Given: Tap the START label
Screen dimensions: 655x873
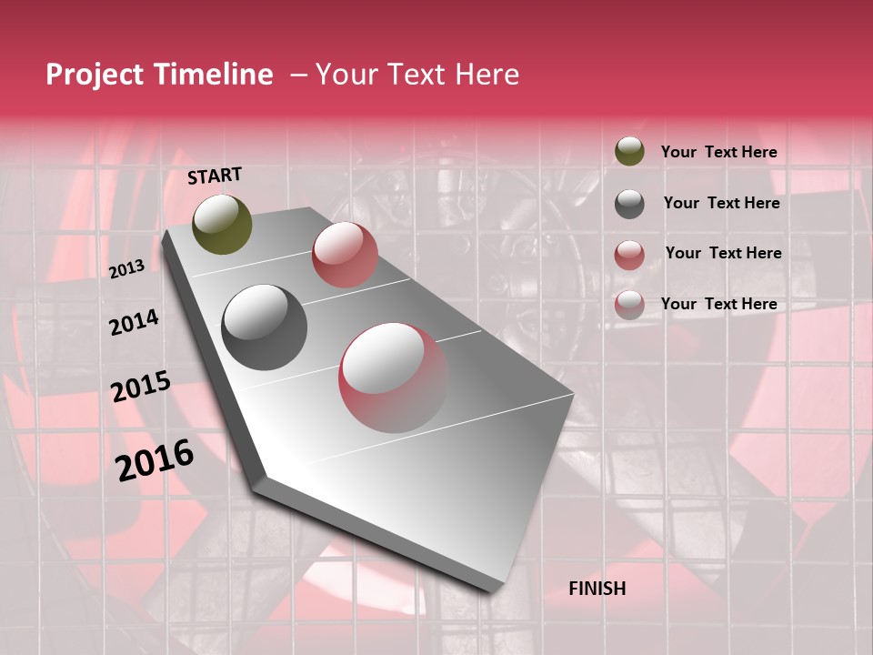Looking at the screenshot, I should (215, 176).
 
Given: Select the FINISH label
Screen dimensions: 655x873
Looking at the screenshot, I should (597, 589).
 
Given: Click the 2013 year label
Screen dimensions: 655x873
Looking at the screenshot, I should (126, 269).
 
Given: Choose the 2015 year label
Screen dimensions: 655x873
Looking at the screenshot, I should (141, 387).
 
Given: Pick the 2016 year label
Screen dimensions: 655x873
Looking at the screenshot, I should (155, 460).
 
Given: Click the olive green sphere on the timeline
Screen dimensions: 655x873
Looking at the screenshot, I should (223, 224).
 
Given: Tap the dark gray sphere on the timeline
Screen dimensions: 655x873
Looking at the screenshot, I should (264, 327).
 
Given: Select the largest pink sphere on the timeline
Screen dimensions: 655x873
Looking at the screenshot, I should (393, 378).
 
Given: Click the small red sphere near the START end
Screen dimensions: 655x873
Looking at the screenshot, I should (345, 254).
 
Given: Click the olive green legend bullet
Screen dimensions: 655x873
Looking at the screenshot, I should (629, 152).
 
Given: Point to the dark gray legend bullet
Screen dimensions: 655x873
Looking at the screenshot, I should (629, 204).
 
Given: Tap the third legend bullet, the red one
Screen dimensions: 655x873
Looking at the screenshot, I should (629, 255).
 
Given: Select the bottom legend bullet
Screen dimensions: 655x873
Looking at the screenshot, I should (629, 305).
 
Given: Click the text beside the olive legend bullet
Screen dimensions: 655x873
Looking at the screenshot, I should (719, 153).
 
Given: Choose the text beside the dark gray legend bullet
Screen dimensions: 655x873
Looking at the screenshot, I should (721, 203).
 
